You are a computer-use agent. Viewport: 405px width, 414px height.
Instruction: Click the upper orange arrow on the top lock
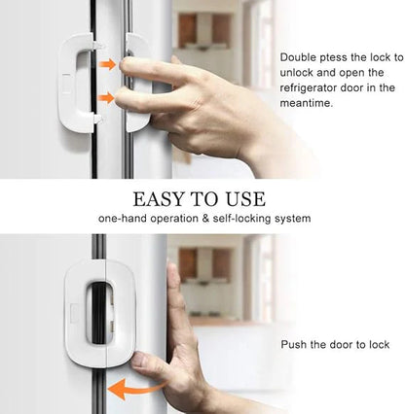106,64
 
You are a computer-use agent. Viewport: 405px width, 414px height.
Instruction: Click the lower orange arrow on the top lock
106,97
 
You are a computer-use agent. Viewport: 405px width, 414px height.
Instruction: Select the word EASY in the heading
163,199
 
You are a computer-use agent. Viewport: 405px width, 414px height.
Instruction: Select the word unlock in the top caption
298,73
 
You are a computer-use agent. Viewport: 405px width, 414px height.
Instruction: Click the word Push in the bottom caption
294,345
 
